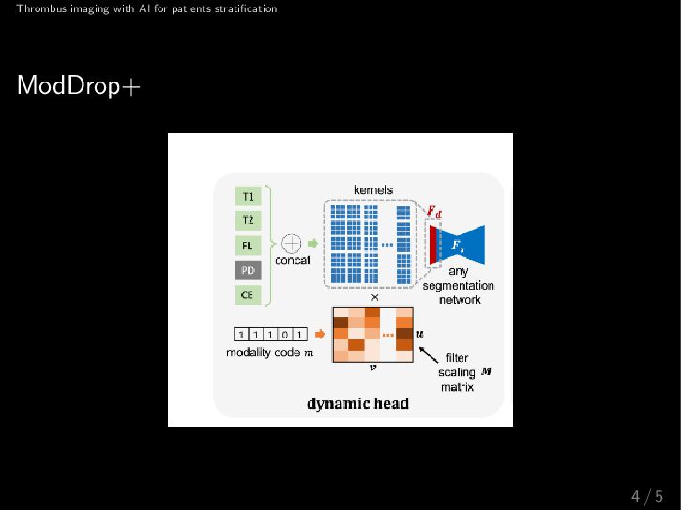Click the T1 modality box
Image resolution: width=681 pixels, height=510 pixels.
coord(248,197)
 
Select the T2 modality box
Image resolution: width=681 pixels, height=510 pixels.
coord(248,220)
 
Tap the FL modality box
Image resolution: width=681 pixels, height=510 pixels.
coord(248,246)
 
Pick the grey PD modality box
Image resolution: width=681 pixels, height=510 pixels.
coord(248,270)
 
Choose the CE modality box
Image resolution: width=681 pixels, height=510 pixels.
coord(248,294)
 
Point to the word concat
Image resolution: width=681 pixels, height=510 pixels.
coord(293,260)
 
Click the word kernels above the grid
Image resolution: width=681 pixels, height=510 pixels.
coord(373,190)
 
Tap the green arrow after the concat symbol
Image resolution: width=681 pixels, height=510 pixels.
coord(313,242)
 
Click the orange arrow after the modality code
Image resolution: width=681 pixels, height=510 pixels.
coord(319,333)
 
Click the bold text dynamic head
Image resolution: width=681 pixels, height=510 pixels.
coord(358,404)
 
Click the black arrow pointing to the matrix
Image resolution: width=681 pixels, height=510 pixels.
coord(428,354)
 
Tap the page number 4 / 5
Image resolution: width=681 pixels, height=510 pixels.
coord(647,496)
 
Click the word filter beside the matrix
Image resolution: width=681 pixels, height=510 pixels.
coord(457,357)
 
